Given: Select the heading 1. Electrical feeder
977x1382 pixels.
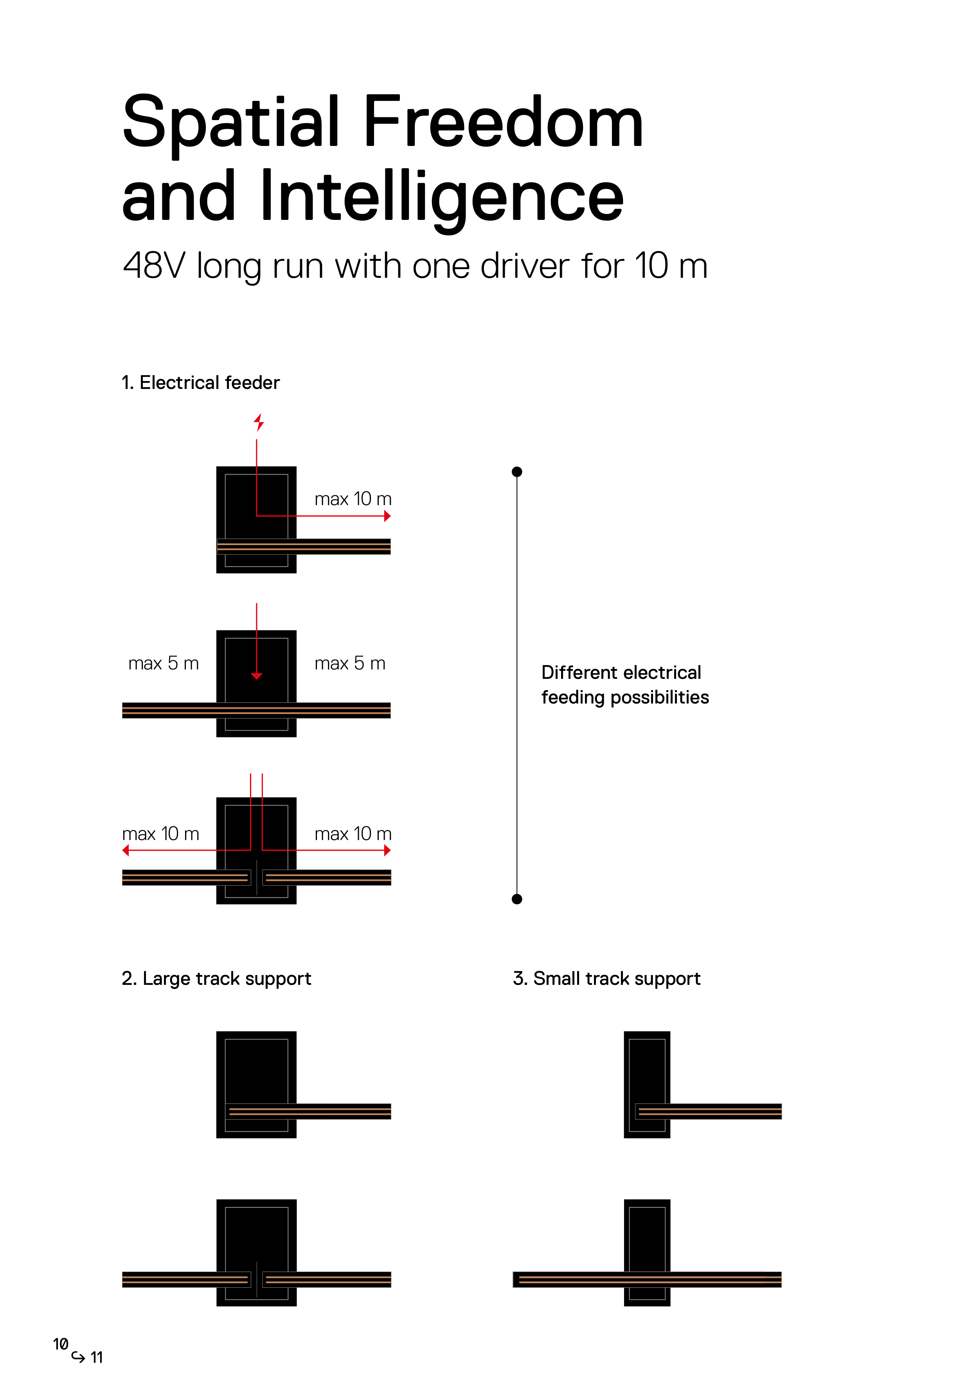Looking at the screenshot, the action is tap(200, 383).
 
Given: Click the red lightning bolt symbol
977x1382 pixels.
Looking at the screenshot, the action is tap(259, 422).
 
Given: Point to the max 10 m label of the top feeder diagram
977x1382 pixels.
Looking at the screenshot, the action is tap(353, 499).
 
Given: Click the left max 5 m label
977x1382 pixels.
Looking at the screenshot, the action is tap(164, 663).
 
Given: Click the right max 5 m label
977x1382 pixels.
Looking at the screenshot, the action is tap(350, 663).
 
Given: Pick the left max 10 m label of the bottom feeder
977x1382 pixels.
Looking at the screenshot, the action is tap(161, 834).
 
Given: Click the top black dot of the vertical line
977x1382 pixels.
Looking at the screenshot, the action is tap(516, 472).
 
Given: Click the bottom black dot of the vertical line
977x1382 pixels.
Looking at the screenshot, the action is tap(516, 899).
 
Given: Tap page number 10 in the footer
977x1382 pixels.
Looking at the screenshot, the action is tap(60, 1344).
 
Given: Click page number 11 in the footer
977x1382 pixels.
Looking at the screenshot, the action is tap(97, 1357).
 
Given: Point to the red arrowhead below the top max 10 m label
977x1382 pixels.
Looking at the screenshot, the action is tap(387, 516).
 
